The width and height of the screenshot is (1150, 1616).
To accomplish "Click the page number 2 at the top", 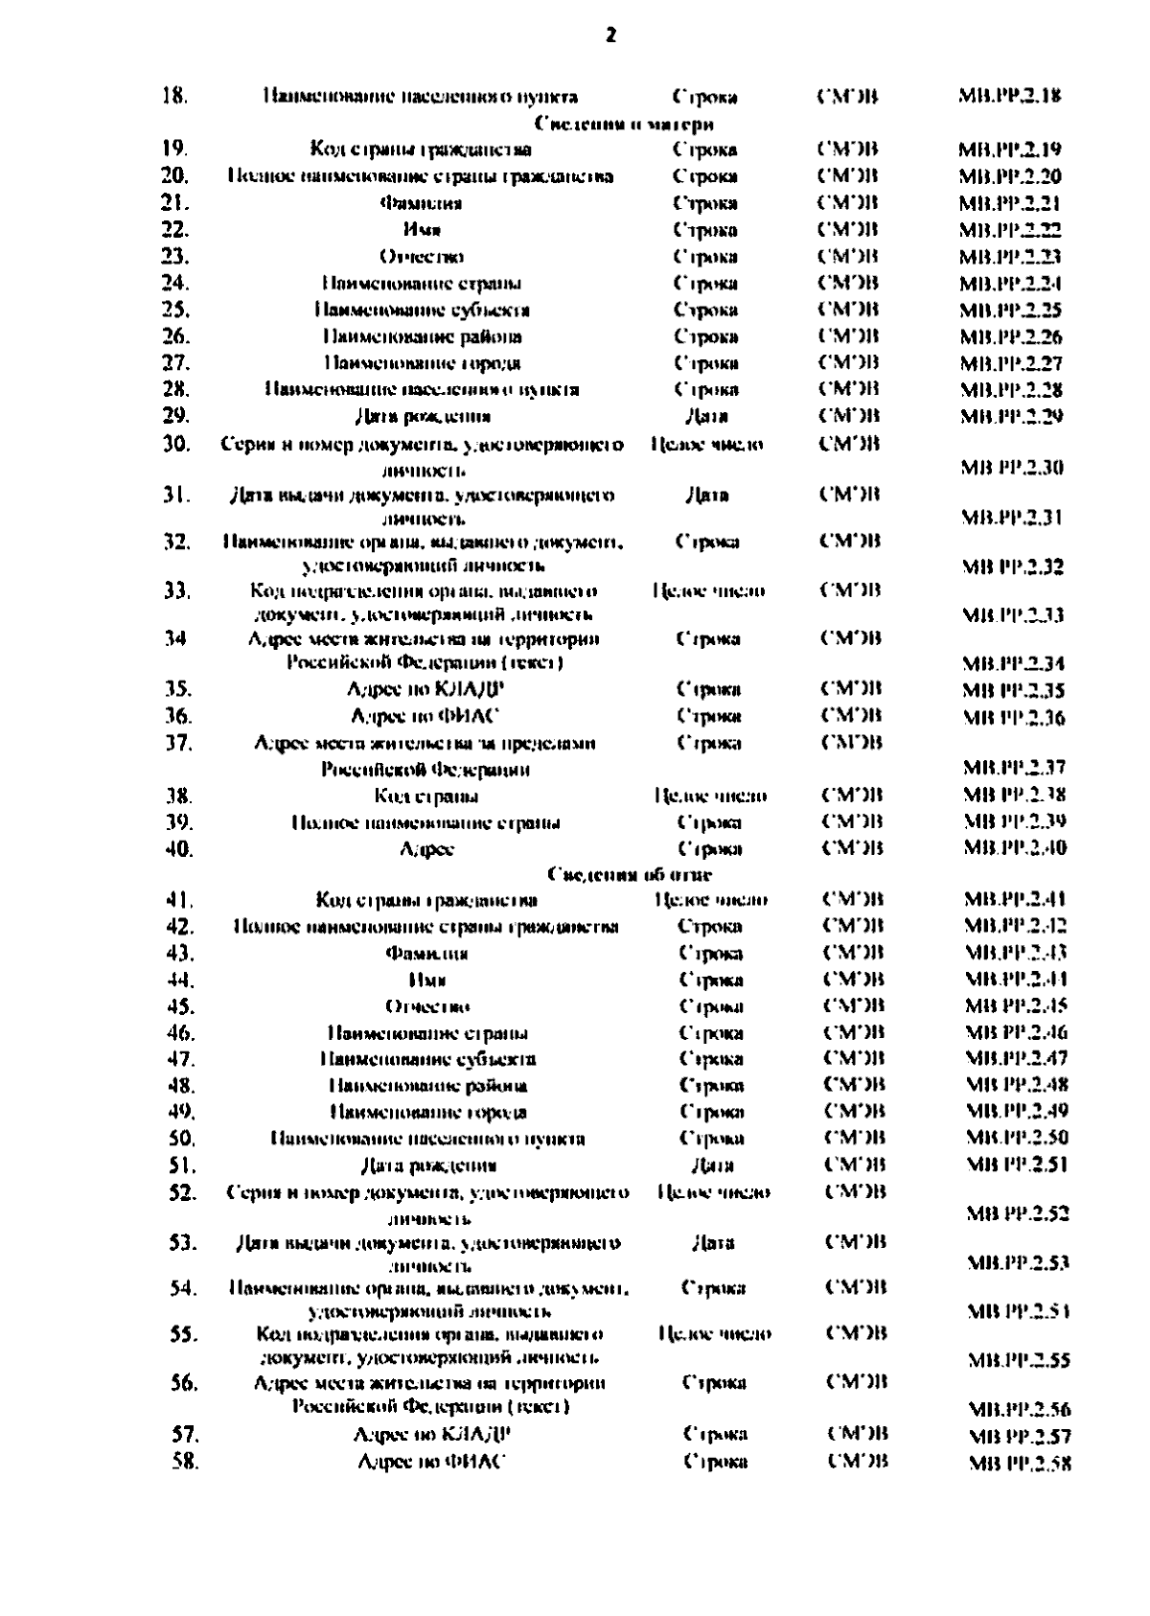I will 611,35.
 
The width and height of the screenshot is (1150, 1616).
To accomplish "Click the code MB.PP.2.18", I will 1009,96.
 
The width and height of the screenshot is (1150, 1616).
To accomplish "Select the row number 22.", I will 175,230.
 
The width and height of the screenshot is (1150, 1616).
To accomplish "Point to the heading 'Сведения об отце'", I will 630,874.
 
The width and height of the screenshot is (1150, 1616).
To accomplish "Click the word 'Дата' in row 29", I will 707,416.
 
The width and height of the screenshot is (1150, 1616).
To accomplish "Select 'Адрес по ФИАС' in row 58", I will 431,1462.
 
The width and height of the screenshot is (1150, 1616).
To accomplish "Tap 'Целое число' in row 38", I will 710,796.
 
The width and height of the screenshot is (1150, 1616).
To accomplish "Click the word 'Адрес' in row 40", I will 426,849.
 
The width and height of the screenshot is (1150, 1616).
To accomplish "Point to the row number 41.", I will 180,900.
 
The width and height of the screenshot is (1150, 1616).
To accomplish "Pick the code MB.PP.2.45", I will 1016,1006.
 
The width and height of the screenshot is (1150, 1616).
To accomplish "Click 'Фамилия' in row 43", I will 426,954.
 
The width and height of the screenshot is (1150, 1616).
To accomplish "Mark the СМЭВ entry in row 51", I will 854,1166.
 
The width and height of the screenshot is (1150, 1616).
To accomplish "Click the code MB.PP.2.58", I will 1020,1464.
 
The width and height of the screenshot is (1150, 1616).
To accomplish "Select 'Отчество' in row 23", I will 422,257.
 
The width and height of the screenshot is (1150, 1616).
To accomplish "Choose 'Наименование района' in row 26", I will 423,336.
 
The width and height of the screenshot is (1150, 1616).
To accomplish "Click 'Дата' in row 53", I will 712,1243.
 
